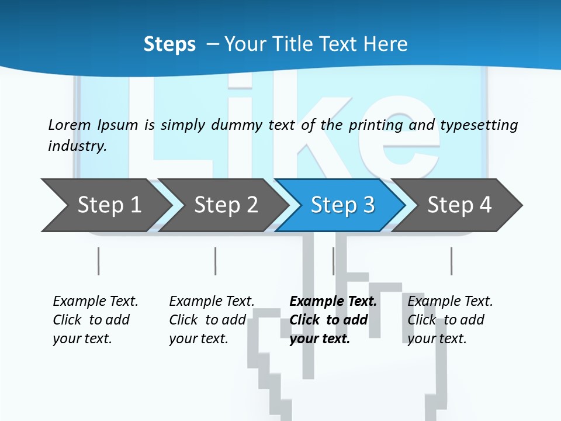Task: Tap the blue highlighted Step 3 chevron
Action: [342, 205]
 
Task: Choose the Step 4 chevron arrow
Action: [459, 205]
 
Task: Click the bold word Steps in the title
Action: [169, 44]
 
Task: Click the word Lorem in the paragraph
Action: [69, 125]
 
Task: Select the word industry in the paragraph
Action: [77, 146]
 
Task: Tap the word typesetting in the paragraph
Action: [479, 125]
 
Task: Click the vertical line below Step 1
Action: [98, 261]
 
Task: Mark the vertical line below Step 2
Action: [215, 261]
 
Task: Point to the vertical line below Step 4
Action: [451, 261]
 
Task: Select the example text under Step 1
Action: [95, 320]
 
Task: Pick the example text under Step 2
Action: [211, 320]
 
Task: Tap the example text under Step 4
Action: [449, 320]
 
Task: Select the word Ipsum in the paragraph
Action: [118, 125]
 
